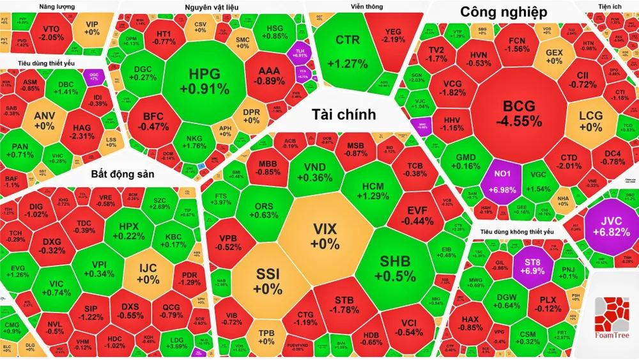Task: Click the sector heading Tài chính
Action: tap(343, 114)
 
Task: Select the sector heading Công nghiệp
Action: tap(504, 12)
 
